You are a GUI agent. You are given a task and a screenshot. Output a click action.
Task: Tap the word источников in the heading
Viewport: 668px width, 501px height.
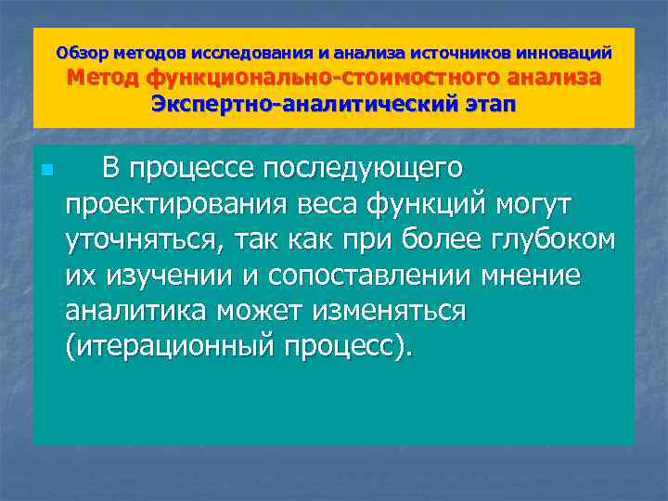tap(459, 53)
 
